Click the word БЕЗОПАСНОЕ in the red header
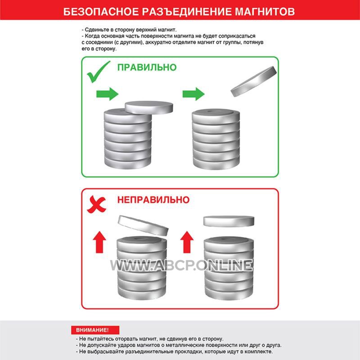[101, 12]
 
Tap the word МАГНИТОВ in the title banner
[265, 12]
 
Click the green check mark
[98, 72]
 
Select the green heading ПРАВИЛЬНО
[147, 67]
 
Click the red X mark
[96, 204]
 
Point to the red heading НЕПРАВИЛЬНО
[153, 200]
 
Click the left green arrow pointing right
[107, 94]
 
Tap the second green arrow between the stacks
[193, 94]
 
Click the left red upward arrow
[99, 242]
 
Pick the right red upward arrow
[187, 242]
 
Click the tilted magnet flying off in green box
[254, 81]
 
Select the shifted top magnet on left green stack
[149, 108]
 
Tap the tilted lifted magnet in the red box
[143, 226]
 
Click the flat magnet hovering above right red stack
[229, 221]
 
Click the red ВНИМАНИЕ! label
[95, 330]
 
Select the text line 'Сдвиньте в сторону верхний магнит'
[129, 30]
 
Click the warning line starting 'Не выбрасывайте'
[174, 351]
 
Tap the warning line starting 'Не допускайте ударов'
[179, 345]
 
